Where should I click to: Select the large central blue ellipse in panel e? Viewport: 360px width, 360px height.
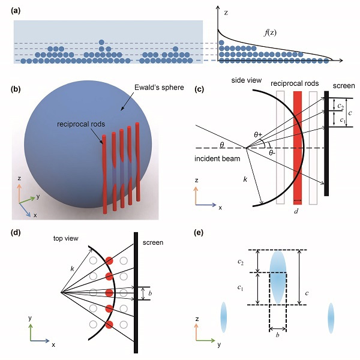(x=277, y=277)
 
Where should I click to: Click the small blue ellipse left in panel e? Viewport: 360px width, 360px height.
(x=224, y=317)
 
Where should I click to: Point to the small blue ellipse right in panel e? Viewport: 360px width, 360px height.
(x=331, y=317)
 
